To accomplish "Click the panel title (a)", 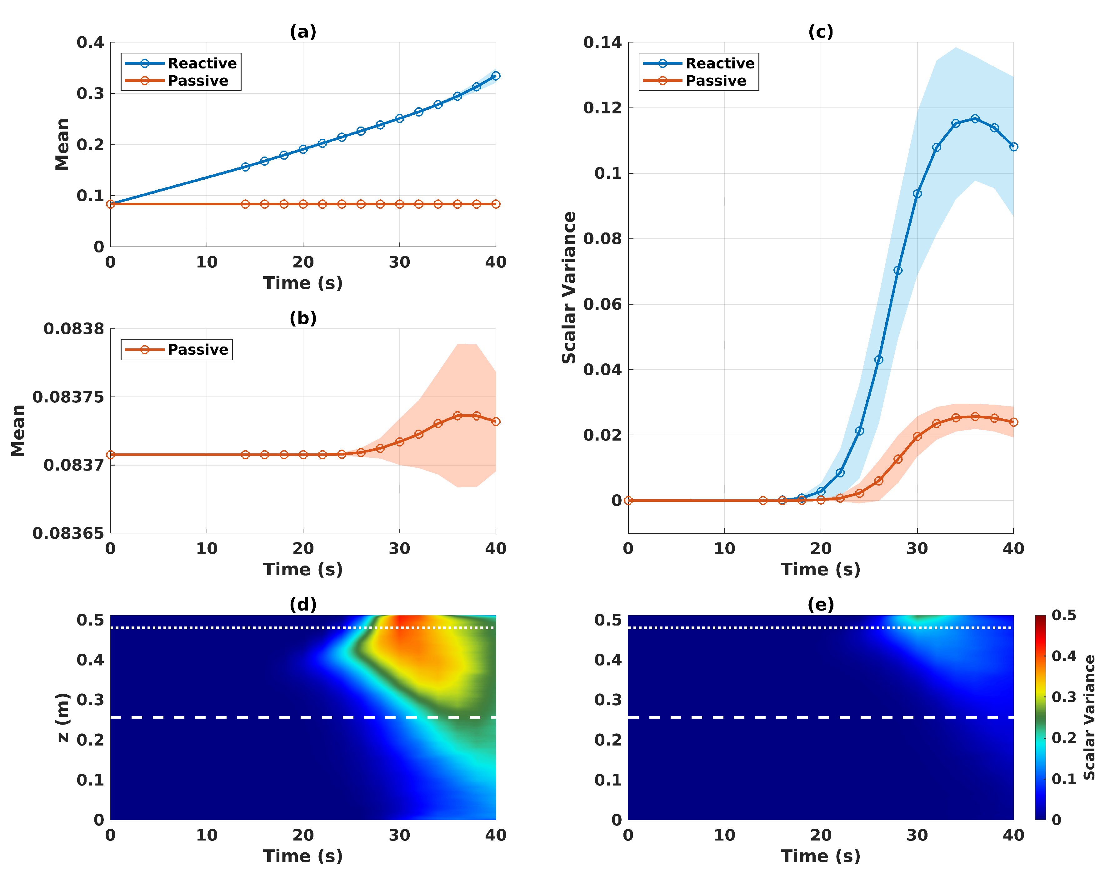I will pos(303,32).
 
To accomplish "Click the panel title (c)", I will pos(820,32).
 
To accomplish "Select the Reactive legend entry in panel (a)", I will pos(202,63).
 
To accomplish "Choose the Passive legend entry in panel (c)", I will pos(716,81).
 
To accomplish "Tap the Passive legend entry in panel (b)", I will pos(197,350).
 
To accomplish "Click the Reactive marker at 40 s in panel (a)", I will pos(496,76).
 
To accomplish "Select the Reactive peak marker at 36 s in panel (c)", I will pos(975,119).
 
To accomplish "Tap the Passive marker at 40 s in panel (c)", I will pos(1013,422).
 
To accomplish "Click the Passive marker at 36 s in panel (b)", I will pos(457,415).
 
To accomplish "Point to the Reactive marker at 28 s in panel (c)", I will pos(897,270).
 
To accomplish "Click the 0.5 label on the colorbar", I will pos(1064,615).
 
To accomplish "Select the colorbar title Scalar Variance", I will pos(1089,717).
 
